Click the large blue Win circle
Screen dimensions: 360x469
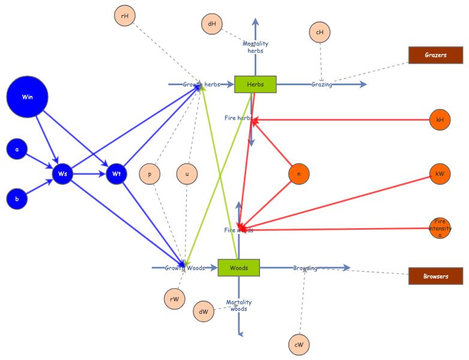27,97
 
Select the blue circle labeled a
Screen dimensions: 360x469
17,149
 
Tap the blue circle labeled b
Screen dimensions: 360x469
17,199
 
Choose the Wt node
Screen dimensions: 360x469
116,174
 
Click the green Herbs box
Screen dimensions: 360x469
255,85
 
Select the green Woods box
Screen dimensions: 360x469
239,268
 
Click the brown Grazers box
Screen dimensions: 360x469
435,55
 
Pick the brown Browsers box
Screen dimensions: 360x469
435,277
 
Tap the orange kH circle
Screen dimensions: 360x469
440,119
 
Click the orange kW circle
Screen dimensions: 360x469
440,174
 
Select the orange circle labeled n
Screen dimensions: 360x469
298,174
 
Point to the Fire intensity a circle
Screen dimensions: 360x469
440,229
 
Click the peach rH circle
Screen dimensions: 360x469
125,16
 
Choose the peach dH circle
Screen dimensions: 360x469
212,24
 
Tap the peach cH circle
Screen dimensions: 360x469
320,32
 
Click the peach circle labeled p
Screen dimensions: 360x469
150,174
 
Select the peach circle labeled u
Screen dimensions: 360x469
187,174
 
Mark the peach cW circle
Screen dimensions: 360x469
298,344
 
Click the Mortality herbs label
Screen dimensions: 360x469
255,47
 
